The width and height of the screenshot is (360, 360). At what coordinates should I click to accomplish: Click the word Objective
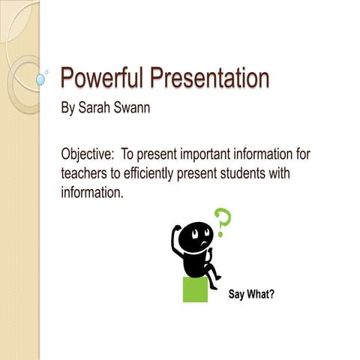tap(86, 154)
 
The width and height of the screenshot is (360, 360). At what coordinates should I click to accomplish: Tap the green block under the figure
tap(195, 289)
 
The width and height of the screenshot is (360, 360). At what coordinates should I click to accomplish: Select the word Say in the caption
tap(236, 293)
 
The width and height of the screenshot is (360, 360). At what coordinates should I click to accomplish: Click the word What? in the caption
tap(260, 293)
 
